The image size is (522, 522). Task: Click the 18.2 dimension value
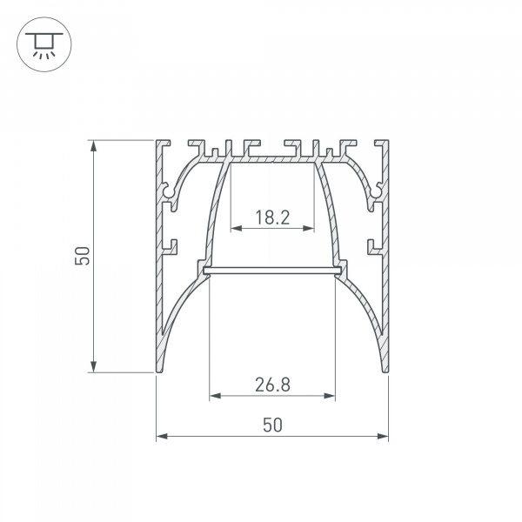pos(272,217)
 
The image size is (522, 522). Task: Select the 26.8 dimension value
pos(272,384)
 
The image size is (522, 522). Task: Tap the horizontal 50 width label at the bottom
pos(272,425)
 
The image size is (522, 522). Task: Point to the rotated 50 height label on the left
pos(81,255)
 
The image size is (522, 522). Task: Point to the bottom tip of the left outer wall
pos(158,369)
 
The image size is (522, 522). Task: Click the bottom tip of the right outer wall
pos(386,369)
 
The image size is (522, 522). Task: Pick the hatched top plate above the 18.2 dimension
pos(272,160)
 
